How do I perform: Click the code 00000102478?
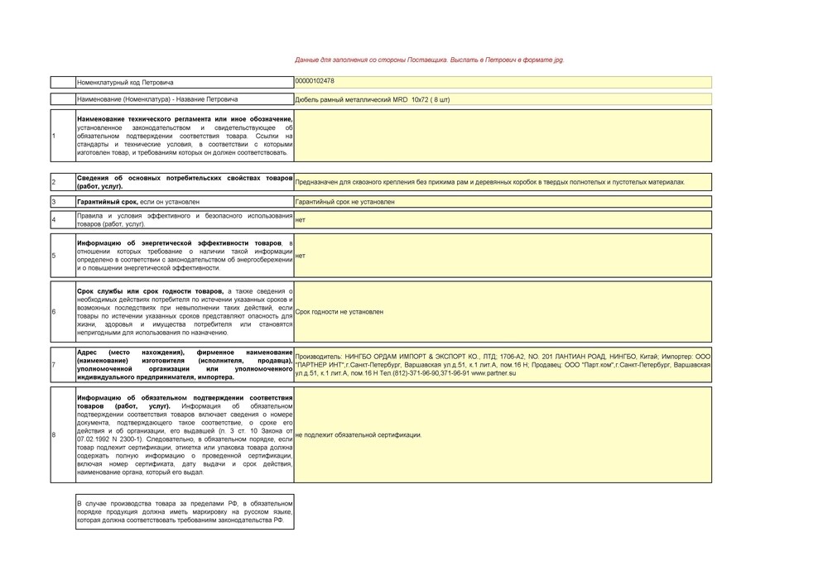[x=315, y=80]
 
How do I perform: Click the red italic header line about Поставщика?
[x=430, y=60]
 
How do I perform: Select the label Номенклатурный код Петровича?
[x=125, y=83]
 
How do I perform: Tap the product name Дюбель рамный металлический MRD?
[x=372, y=99]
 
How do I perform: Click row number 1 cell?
[x=62, y=136]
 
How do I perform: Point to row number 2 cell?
[x=62, y=182]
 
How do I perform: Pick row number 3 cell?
[x=62, y=202]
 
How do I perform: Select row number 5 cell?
[x=62, y=256]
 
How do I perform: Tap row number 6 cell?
[x=62, y=312]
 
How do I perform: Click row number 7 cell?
[x=62, y=364]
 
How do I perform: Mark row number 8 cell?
[x=62, y=434]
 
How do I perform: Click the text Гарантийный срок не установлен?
[x=344, y=202]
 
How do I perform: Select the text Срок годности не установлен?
[x=339, y=312]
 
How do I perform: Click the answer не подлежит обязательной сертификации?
[x=359, y=434]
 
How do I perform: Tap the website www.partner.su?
[x=493, y=373]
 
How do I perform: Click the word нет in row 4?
[x=300, y=220]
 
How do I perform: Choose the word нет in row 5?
[x=300, y=256]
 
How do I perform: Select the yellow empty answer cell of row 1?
[x=503, y=136]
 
